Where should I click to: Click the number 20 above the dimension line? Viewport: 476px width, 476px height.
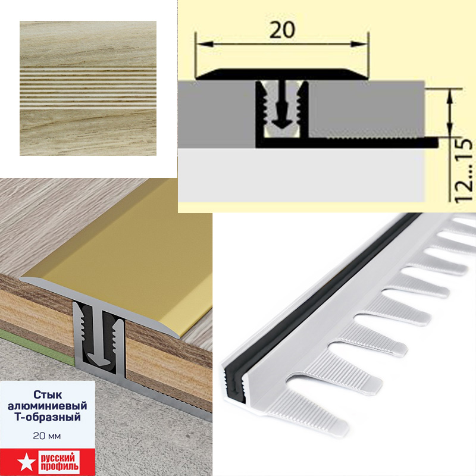pos(282,30)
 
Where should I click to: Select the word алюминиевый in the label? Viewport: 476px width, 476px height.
pos(48,406)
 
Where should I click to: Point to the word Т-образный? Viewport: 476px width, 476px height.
pos(48,417)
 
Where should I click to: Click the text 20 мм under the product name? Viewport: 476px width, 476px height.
pos(47,436)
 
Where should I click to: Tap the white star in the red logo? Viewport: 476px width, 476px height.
pos(24,461)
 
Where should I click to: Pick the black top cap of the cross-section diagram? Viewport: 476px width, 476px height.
pos(282,74)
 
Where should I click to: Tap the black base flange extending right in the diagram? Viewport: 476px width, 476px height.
pos(374,142)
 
